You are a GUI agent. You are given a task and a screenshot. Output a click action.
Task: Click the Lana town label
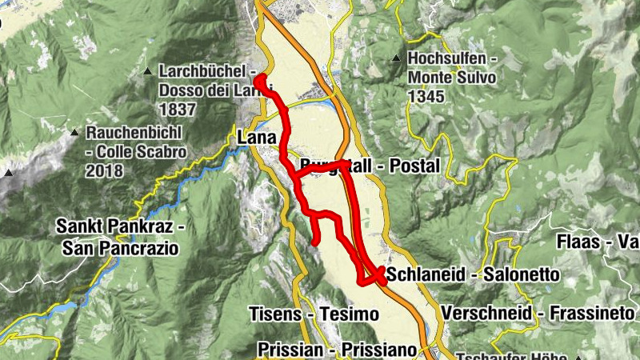256,138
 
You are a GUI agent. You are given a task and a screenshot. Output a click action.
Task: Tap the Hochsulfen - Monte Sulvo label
452,69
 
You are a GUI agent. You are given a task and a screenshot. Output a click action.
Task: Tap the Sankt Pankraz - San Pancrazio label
120,238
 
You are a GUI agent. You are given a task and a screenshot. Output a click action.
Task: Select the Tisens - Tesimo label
313,314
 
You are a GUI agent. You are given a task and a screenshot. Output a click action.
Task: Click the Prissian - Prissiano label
338,350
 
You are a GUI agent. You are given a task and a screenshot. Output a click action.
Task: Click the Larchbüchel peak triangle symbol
148,72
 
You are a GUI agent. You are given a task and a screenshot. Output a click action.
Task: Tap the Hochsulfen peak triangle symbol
396,59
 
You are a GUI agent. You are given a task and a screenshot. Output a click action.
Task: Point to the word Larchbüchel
202,70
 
